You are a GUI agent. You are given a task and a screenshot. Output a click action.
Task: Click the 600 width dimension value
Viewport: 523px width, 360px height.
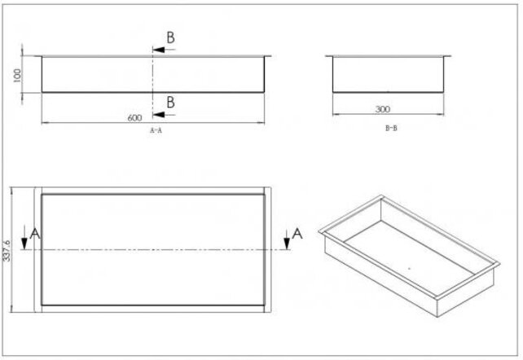(134, 117)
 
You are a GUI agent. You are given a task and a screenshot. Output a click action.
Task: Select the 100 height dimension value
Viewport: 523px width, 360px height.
(15, 74)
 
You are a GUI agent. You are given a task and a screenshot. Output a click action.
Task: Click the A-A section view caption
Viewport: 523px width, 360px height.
(156, 130)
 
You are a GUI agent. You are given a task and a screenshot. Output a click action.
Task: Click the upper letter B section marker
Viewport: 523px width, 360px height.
(170, 37)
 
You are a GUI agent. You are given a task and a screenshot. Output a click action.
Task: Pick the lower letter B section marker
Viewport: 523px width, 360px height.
(170, 102)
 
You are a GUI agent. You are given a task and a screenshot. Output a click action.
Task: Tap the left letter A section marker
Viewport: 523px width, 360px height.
(34, 235)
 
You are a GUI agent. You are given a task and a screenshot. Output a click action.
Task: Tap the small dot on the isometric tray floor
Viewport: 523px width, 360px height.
(407, 266)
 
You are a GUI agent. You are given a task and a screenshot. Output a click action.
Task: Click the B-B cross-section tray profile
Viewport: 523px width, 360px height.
(389, 74)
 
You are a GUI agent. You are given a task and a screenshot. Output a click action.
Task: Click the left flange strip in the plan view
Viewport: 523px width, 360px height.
(36, 250)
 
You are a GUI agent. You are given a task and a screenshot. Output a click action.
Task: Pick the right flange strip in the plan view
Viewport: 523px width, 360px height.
(266, 250)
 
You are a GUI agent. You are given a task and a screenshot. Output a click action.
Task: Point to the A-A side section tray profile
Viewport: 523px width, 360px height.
(152, 74)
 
